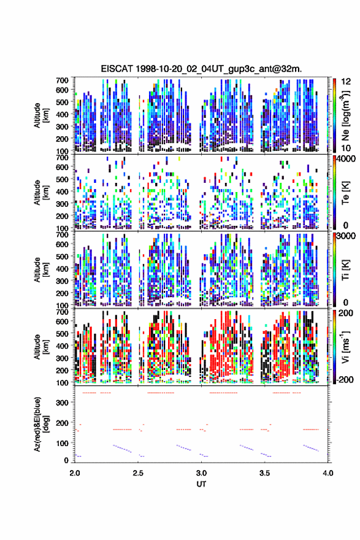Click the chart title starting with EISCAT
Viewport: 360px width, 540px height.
click(x=201, y=69)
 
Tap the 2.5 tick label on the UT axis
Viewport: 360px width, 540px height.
click(x=138, y=473)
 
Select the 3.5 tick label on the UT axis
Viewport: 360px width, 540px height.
click(x=265, y=473)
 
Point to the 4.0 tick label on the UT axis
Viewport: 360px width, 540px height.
click(x=328, y=473)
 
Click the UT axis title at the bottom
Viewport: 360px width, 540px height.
click(x=201, y=484)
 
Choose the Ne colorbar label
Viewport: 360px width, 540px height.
click(x=345, y=116)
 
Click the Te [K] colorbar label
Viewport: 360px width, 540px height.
click(x=345, y=193)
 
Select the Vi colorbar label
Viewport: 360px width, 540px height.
click(x=345, y=347)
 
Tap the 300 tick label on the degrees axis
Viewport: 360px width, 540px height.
click(x=63, y=403)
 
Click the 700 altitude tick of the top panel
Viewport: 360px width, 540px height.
click(x=63, y=80)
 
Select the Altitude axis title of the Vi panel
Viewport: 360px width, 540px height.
click(x=40, y=347)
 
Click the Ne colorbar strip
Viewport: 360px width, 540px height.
click(x=334, y=115)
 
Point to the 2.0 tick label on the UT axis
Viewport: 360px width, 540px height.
click(x=75, y=473)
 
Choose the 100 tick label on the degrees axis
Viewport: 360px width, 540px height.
click(x=63, y=443)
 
